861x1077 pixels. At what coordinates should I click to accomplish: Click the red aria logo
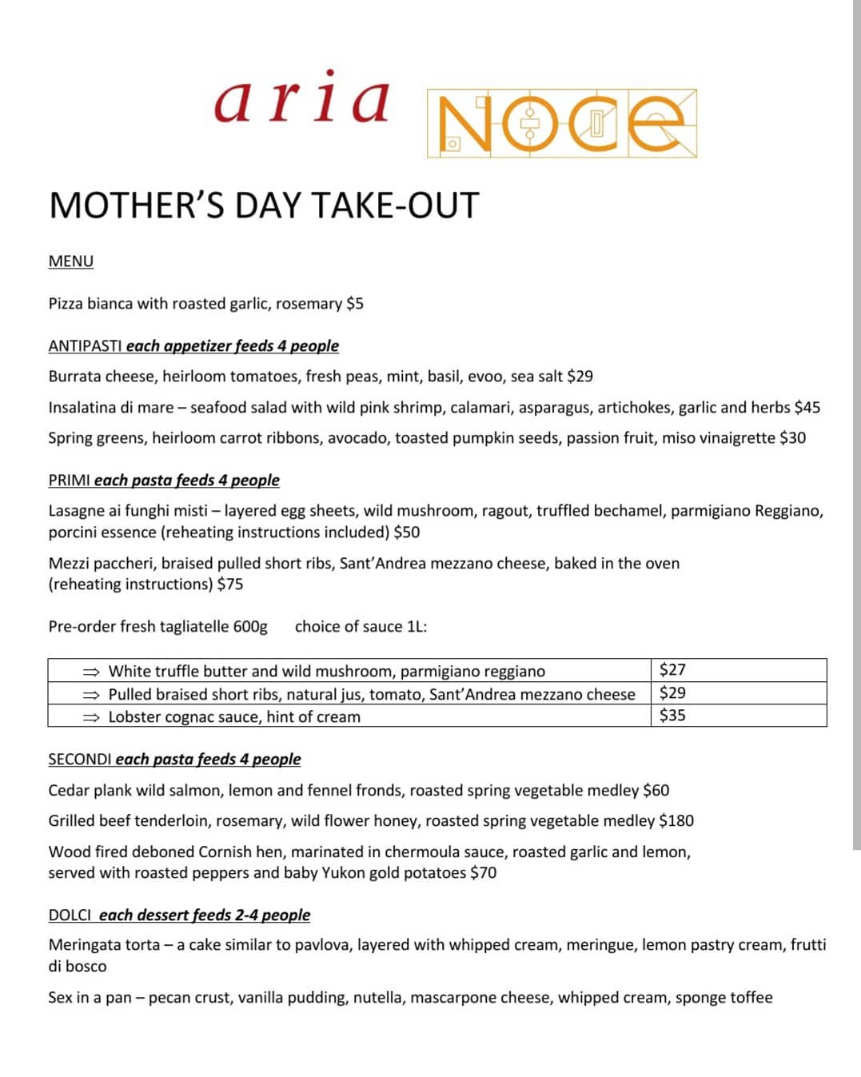click(301, 100)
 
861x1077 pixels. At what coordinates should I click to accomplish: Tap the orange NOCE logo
click(561, 123)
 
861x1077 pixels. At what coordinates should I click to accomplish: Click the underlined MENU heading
click(71, 261)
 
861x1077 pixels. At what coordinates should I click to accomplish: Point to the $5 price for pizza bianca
click(355, 304)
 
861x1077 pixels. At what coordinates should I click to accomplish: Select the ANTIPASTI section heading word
click(85, 346)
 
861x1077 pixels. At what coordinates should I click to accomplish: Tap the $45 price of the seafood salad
click(807, 408)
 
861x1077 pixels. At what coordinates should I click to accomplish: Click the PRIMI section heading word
click(70, 481)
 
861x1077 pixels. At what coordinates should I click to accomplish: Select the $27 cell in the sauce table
click(673, 670)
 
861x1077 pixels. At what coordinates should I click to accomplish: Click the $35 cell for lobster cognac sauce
click(673, 716)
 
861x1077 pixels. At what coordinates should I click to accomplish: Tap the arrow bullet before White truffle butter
click(91, 672)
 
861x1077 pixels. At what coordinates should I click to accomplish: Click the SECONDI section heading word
click(80, 760)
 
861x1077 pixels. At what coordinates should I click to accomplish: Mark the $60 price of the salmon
click(656, 791)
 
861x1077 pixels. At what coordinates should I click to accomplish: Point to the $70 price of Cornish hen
click(484, 873)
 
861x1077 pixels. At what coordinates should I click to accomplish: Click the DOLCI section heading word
click(70, 915)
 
